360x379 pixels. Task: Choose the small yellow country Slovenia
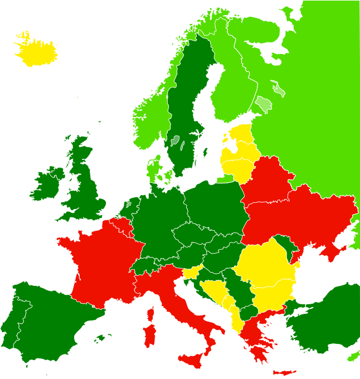point(192,273)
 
